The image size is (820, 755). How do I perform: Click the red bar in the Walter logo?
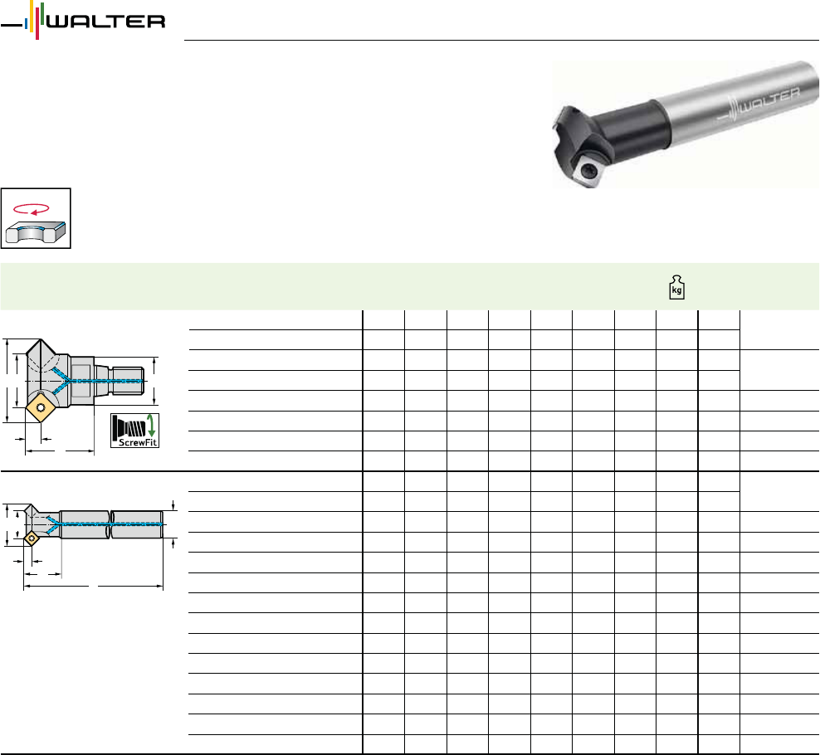click(37, 27)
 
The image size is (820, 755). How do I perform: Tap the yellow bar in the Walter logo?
click(32, 16)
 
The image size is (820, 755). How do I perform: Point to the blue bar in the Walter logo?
click(27, 23)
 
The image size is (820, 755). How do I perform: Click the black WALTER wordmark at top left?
click(106, 22)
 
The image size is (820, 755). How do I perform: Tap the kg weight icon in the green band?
click(676, 287)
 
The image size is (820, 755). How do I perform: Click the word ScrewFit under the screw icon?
click(138, 442)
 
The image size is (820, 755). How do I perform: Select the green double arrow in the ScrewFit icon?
click(151, 426)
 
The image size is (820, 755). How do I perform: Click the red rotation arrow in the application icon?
click(32, 209)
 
